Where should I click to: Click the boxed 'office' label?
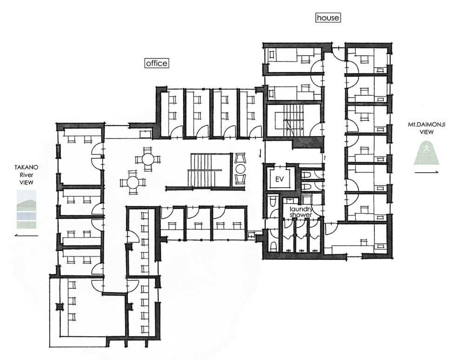tap(157, 63)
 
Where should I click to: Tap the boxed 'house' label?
tap(328, 18)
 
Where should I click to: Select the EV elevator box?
tap(279, 179)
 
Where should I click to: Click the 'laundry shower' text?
tap(301, 212)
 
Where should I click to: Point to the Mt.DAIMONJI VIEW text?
tap(426, 128)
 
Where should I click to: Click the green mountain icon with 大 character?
tap(426, 153)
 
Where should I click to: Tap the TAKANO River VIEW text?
tap(27, 175)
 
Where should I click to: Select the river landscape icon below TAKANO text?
tap(27, 209)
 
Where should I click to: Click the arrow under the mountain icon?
tap(426, 172)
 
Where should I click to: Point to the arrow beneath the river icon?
tap(27, 236)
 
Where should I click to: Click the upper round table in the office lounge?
tap(147, 160)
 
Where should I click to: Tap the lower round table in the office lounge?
tap(133, 182)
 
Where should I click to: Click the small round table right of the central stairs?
tap(240, 170)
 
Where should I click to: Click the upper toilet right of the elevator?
tap(306, 176)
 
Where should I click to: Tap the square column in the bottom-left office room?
tap(60, 307)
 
